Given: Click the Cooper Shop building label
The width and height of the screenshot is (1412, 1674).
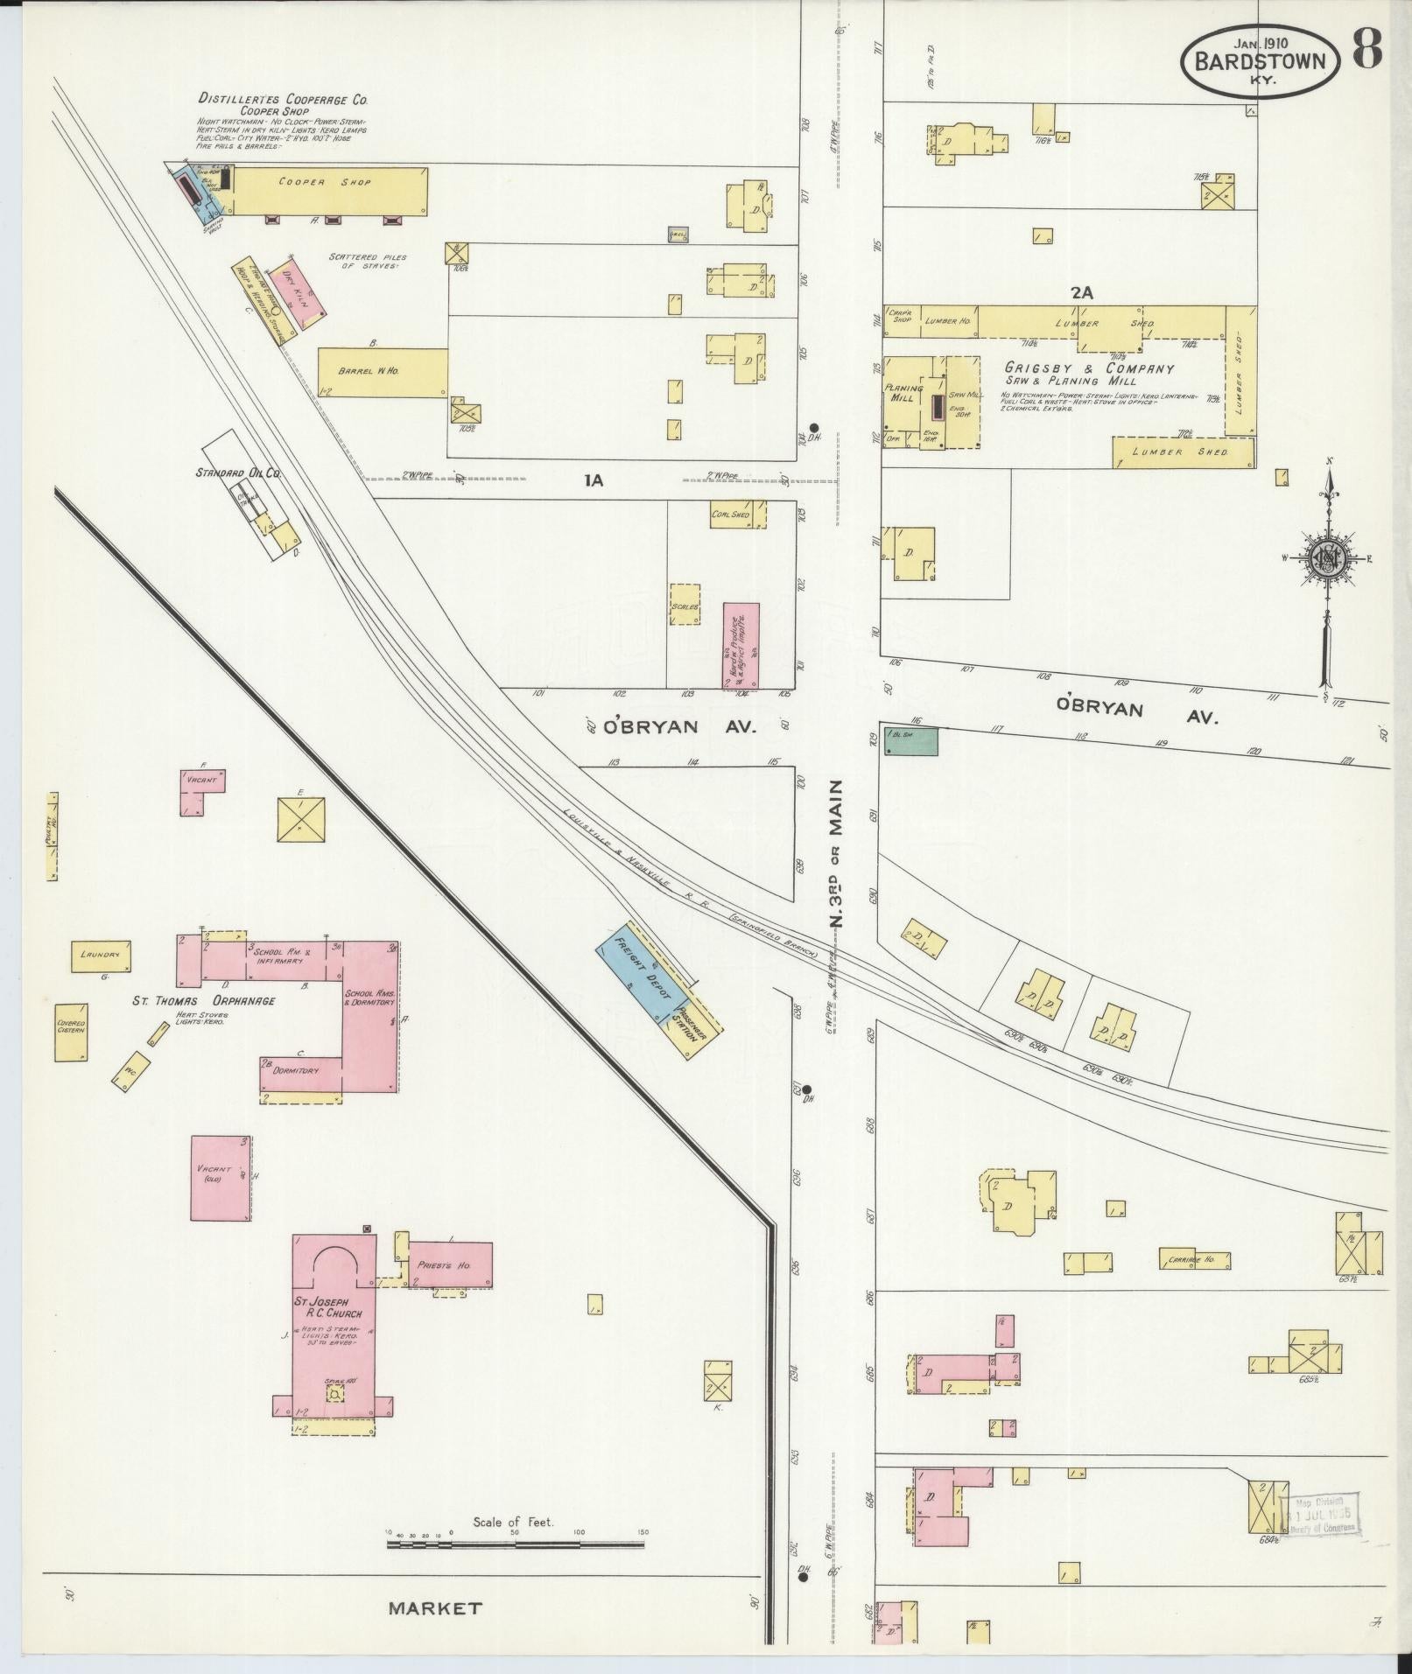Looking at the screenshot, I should pos(326,183).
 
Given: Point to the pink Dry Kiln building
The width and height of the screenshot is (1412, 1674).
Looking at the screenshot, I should pos(300,293).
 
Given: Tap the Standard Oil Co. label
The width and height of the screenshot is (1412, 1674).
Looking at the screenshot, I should pos(238,473).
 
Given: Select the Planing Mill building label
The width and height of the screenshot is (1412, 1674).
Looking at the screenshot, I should pos(902,393).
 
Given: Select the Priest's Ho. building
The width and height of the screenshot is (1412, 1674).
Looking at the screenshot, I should pos(450,1264).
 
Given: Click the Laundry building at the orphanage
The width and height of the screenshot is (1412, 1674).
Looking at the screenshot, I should pos(101,956).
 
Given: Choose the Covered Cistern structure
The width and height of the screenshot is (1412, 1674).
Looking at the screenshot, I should pos(72,1032).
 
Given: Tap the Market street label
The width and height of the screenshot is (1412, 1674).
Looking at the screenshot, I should pos(435,1607).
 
